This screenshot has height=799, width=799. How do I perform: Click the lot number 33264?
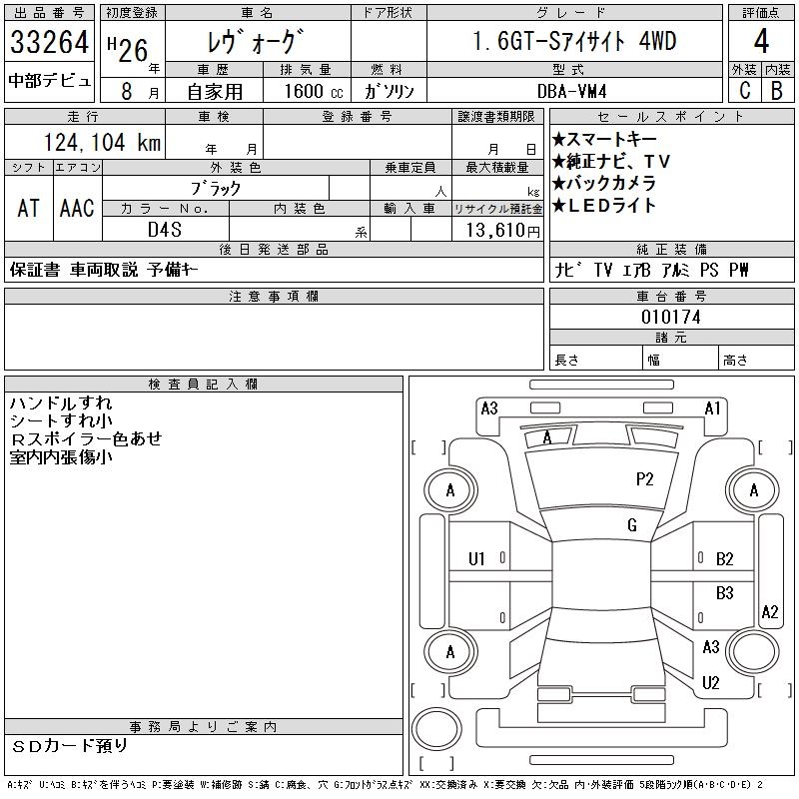tap(50, 43)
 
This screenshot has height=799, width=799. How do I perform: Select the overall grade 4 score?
tap(761, 42)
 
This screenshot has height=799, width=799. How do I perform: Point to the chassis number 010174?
tap(671, 317)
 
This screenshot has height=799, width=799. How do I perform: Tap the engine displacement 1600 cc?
tap(312, 90)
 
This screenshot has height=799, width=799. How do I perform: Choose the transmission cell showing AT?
tap(28, 209)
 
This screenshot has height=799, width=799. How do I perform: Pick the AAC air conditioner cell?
tap(77, 209)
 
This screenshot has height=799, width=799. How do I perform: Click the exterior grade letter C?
tap(744, 90)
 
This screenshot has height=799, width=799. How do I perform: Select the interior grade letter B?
tap(776, 90)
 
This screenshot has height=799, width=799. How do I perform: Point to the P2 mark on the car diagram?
tap(644, 479)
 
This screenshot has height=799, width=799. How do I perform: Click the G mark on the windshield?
tap(631, 525)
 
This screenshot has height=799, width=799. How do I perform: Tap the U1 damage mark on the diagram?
tap(476, 559)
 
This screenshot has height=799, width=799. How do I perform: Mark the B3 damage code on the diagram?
tap(724, 593)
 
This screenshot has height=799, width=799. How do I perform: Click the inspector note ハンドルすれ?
tap(61, 403)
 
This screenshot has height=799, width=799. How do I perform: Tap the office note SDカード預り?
tap(70, 745)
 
